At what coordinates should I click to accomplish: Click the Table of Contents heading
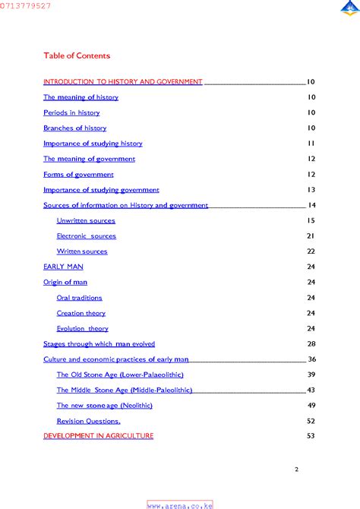[77, 55]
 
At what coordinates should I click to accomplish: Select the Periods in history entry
[71, 112]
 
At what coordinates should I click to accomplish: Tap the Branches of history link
[74, 128]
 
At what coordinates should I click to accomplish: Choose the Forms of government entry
[78, 174]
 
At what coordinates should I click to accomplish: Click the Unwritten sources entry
[86, 220]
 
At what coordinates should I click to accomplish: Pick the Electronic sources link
[87, 236]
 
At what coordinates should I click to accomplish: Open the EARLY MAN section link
[63, 267]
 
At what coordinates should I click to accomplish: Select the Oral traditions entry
[79, 298]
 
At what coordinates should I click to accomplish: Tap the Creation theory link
[81, 313]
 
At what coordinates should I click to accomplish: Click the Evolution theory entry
[82, 329]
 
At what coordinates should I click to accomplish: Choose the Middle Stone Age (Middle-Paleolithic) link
[124, 390]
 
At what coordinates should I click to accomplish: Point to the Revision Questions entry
[88, 421]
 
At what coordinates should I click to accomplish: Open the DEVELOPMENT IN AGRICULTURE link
[98, 436]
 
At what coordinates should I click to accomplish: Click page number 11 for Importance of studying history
[311, 143]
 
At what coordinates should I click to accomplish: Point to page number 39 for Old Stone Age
[311, 375]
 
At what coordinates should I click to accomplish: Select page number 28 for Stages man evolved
[311, 344]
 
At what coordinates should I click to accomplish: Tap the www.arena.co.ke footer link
[179, 504]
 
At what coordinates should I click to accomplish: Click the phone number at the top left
[26, 5]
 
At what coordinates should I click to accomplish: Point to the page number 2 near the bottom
[296, 469]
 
